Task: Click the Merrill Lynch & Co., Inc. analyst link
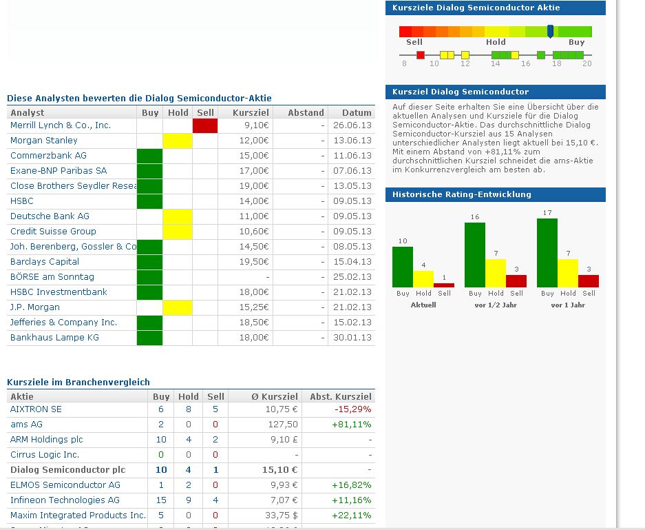[61, 125]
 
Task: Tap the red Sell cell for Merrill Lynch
[205, 125]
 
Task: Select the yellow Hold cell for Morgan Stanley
[177, 141]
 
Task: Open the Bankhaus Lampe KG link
[54, 338]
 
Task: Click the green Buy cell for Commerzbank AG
[149, 156]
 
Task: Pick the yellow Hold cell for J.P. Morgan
[177, 307]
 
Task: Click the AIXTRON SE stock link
[36, 409]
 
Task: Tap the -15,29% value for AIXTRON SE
[352, 409]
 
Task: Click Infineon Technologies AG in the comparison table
[65, 500]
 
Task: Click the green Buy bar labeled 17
[547, 252]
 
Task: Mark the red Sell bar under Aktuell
[444, 284]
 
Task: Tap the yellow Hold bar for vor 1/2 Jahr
[496, 273]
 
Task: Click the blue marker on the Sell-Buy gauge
[550, 31]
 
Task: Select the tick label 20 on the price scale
[586, 64]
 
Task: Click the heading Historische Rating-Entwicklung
[462, 194]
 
